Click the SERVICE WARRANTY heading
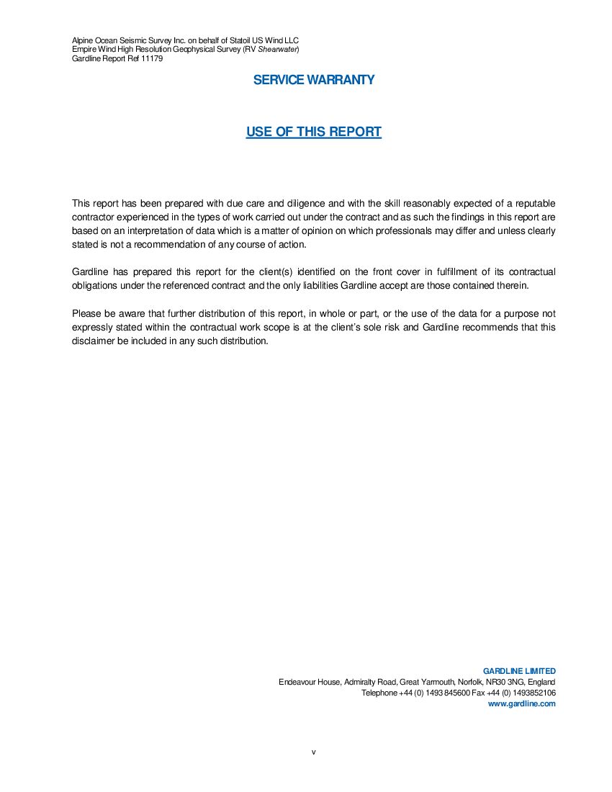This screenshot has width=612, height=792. (314, 80)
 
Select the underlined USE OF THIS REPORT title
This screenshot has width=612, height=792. (313, 132)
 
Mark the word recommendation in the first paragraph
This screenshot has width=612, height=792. (163, 245)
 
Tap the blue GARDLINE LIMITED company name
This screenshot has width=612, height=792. (519, 671)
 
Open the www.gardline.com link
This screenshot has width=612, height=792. (522, 703)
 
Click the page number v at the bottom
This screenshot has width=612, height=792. (314, 752)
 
